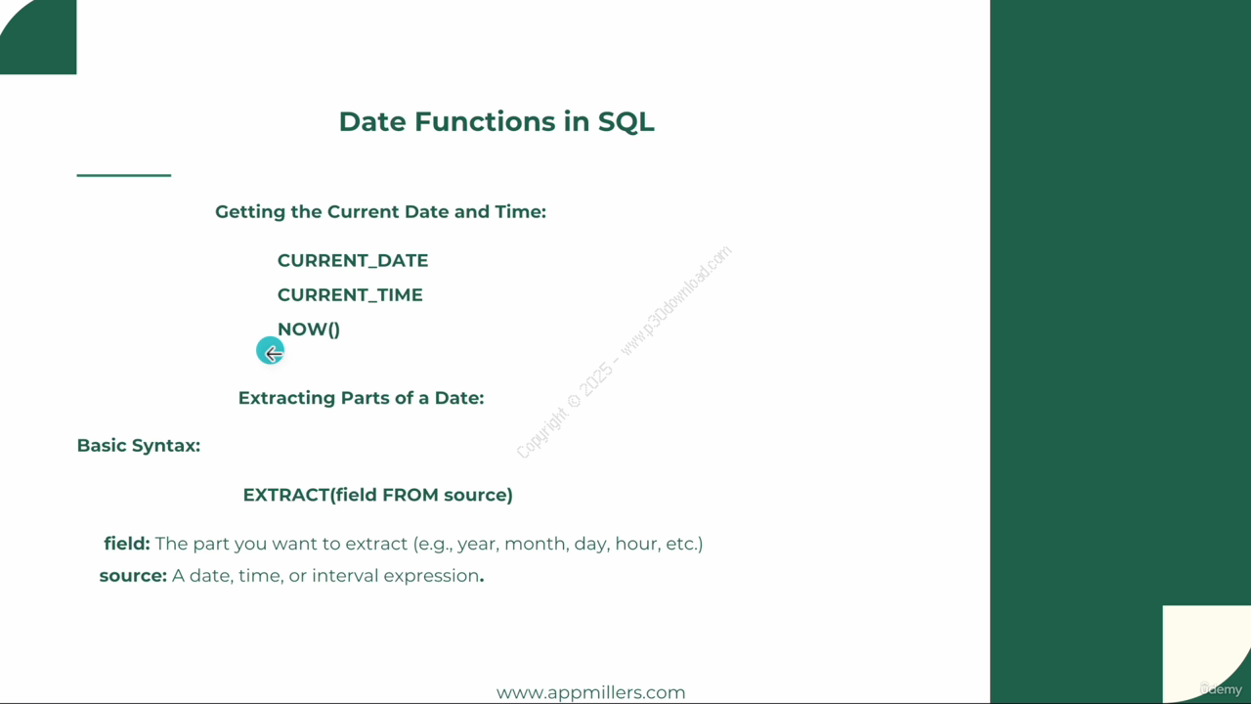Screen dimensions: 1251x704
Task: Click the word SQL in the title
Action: (x=626, y=122)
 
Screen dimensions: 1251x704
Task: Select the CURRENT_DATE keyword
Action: (x=353, y=261)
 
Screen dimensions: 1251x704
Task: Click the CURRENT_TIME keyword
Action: (x=350, y=295)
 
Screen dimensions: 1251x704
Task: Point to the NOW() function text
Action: (x=309, y=330)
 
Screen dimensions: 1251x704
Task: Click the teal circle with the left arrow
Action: (x=271, y=351)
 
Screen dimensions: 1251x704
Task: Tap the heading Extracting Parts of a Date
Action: (x=362, y=398)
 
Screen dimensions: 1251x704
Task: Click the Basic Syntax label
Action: (x=139, y=446)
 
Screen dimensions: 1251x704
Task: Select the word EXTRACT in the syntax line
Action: (x=286, y=495)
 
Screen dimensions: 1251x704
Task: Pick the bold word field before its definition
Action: (x=127, y=544)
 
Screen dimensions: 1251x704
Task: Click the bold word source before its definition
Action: (x=133, y=576)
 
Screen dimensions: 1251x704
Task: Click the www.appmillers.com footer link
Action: (x=591, y=693)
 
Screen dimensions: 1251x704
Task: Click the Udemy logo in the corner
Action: (x=1221, y=689)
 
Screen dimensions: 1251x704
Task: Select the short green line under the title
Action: (x=124, y=175)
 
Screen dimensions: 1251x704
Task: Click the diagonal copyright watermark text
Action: (x=624, y=352)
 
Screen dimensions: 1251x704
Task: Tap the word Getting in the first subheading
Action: (x=250, y=212)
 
